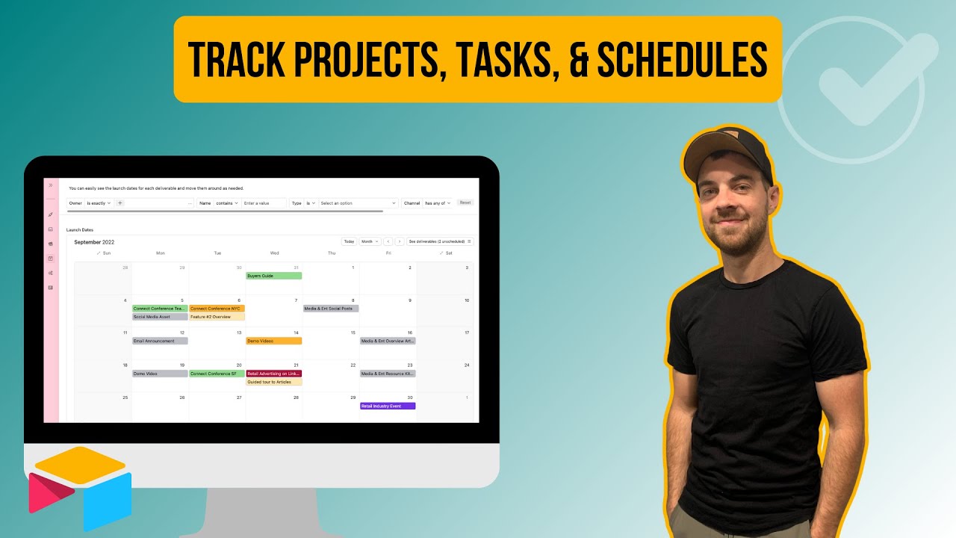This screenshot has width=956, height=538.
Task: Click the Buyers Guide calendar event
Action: tap(274, 276)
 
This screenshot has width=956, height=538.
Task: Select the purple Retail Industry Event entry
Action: tap(388, 406)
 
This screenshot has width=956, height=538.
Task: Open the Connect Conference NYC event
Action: tap(217, 309)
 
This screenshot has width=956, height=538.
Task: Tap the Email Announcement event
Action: tap(160, 341)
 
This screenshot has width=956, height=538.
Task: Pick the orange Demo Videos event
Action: tap(274, 341)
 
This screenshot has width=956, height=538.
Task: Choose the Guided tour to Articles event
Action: tap(274, 382)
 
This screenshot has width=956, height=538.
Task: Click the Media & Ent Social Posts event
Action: tap(331, 309)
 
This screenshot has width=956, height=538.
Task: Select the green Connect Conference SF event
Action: tap(217, 374)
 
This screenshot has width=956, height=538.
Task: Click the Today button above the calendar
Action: tap(349, 241)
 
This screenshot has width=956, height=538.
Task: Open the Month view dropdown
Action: tap(370, 241)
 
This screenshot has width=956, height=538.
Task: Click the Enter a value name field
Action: tap(264, 203)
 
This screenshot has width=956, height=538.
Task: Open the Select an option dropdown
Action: tap(358, 203)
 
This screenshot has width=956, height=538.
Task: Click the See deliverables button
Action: tap(440, 241)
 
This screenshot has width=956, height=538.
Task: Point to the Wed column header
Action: tap(274, 253)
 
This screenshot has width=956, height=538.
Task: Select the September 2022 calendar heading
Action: tap(94, 242)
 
